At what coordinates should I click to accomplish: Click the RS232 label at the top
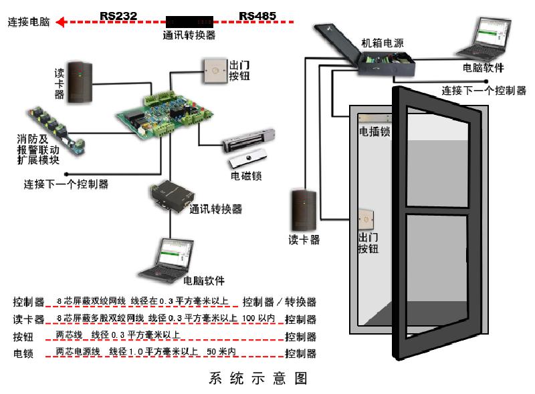(119, 14)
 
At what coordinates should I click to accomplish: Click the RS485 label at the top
(257, 14)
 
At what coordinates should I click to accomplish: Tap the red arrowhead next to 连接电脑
(60, 23)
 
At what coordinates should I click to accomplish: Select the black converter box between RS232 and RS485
(189, 21)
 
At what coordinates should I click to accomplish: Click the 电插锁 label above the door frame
(374, 132)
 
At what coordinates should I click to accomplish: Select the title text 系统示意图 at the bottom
(257, 379)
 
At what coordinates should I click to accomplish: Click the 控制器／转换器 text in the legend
(280, 303)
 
